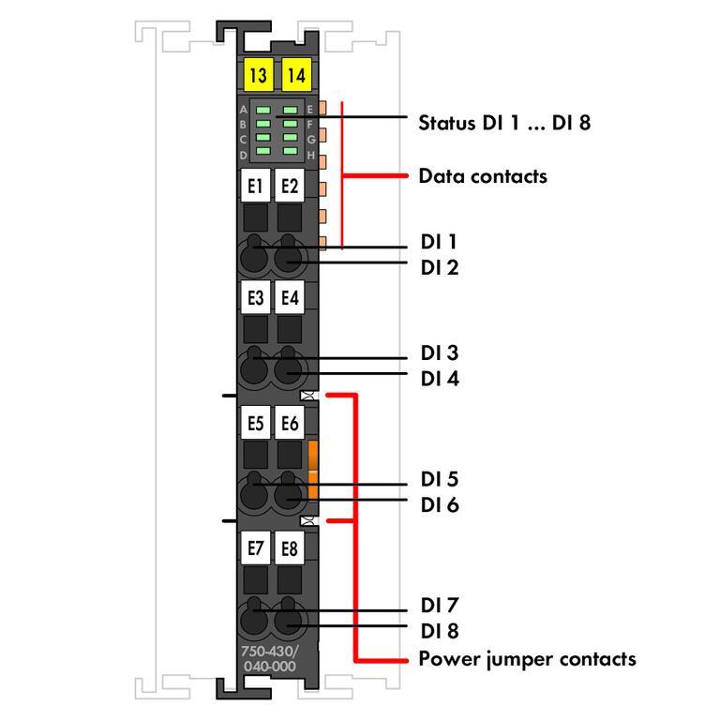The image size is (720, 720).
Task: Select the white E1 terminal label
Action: point(255,187)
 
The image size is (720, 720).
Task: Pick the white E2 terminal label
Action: point(290,187)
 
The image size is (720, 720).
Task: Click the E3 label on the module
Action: point(255,298)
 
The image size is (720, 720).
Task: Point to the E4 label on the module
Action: point(290,298)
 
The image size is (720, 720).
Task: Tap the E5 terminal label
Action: point(255,424)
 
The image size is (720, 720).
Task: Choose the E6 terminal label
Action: point(290,424)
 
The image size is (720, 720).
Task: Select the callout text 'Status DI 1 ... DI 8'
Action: point(504,122)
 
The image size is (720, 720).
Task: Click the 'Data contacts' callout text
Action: point(482,176)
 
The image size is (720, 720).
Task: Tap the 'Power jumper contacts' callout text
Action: point(527,659)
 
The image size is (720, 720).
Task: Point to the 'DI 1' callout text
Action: point(439,242)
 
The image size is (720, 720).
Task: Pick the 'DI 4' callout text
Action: point(440,379)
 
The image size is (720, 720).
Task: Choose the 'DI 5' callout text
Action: point(440,480)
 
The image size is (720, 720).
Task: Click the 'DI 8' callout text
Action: point(440,630)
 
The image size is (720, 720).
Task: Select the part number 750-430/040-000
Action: point(269,658)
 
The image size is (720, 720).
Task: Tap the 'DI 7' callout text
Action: point(440,605)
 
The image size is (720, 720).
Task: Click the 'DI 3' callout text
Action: point(440,353)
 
